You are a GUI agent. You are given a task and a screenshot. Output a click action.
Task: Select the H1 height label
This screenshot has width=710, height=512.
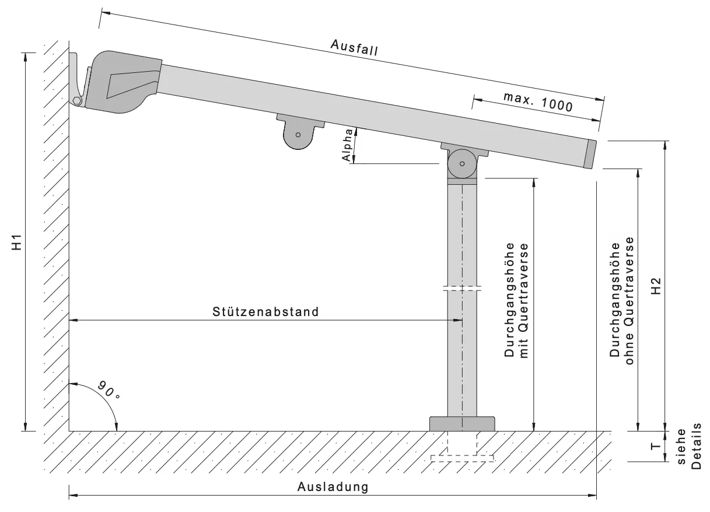(x=19, y=242)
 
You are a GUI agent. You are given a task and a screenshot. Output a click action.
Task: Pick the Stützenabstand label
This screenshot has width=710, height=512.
(x=266, y=311)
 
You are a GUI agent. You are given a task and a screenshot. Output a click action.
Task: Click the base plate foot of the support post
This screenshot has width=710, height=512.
(x=462, y=423)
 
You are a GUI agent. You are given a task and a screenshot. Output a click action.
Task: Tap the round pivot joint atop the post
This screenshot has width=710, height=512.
(x=462, y=164)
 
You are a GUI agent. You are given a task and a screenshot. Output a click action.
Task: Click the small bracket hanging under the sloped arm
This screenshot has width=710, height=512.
(x=299, y=132)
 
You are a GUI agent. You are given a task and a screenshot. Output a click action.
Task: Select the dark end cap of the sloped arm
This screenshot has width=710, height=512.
(x=590, y=155)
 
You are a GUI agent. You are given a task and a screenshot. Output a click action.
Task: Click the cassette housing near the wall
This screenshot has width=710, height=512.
(x=123, y=82)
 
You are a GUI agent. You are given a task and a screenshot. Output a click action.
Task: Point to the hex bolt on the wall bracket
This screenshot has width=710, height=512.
(x=77, y=101)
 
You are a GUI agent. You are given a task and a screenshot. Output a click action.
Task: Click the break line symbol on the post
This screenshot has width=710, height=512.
(x=462, y=288)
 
